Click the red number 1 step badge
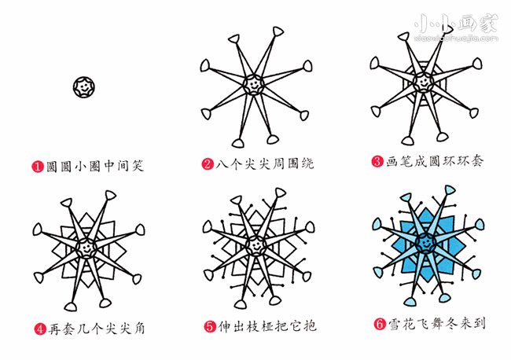coord(38,167)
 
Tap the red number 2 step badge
coord(208,163)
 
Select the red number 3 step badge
coord(377,161)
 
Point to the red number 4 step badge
coord(40,329)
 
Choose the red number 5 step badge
coord(210,326)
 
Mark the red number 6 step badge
coord(380,324)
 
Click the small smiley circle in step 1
coord(84,87)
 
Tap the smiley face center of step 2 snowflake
coord(253,84)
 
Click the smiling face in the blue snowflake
coord(425,243)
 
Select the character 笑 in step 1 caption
coord(138,166)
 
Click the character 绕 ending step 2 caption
coord(307,163)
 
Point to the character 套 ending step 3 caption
coord(476,160)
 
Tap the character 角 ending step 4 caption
coord(139,329)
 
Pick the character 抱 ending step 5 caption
coord(310,325)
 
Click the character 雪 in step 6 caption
coord(395,324)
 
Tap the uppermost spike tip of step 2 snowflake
coord(278,31)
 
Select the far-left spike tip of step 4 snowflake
coord(37,230)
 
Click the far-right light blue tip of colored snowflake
coord(480,225)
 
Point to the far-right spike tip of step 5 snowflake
coord(310,227)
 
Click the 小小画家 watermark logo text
coord(456,24)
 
